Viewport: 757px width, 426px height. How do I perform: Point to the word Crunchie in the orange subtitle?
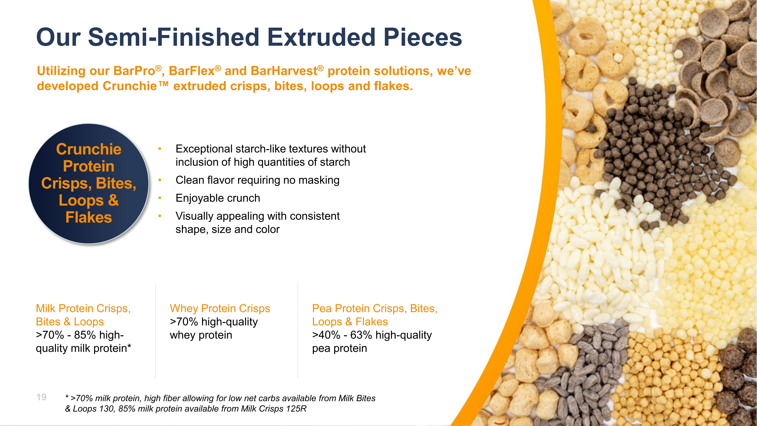[130, 86]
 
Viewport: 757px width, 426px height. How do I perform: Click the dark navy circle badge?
[89, 184]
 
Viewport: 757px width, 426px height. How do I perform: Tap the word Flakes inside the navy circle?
[89, 218]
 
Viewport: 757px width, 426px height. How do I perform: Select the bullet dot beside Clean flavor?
[160, 180]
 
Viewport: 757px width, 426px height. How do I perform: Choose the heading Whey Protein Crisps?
[220, 308]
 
